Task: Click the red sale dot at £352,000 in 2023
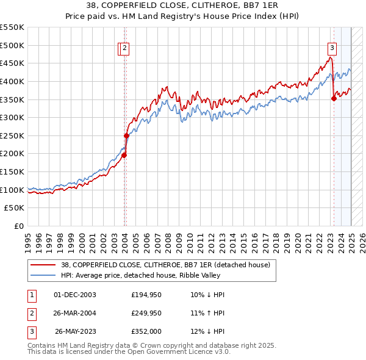[334, 99]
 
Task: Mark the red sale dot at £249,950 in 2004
[126, 135]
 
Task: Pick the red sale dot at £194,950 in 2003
[123, 156]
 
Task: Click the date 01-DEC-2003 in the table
[75, 295]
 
